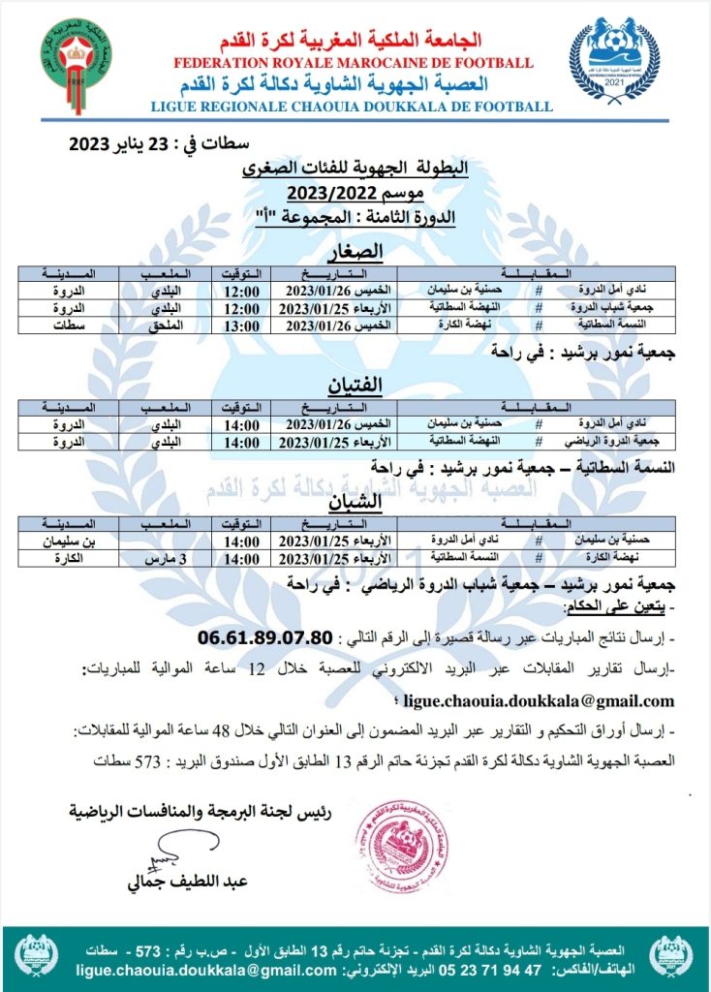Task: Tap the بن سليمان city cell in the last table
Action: pyautogui.click(x=82, y=542)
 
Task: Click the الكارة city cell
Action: pyautogui.click(x=82, y=559)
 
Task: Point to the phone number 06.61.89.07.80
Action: pyautogui.click(x=266, y=637)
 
